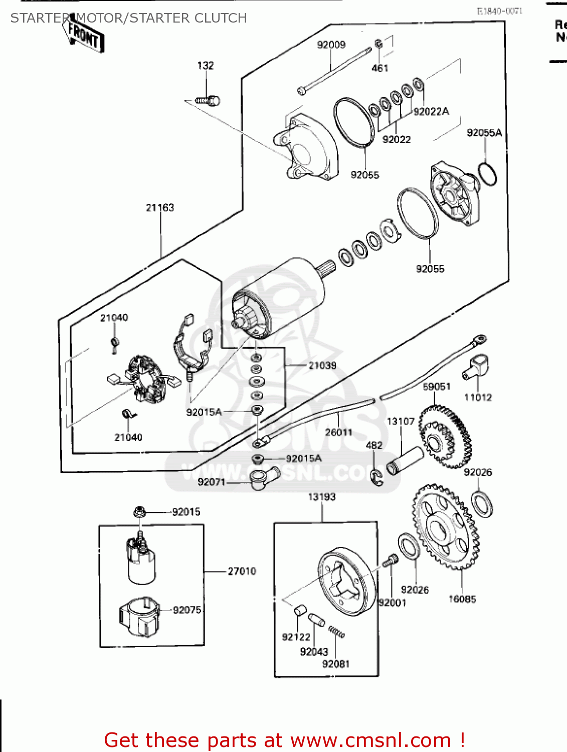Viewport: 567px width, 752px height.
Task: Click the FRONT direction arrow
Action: tap(84, 36)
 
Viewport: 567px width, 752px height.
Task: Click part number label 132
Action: tap(206, 66)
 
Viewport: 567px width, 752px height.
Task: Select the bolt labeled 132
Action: tap(209, 101)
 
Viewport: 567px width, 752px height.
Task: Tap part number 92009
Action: tap(331, 45)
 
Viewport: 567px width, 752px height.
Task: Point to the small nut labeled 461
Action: tap(379, 44)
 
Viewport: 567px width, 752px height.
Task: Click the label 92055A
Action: tap(484, 133)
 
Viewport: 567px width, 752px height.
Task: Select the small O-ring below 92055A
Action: tap(487, 173)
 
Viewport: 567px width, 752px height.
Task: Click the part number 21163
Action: tap(160, 208)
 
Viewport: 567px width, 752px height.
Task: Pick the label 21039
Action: tap(322, 365)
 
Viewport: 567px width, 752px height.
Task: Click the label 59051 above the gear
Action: tap(437, 387)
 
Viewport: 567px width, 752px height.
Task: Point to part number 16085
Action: tap(462, 599)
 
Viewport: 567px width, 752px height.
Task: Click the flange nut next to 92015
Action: tap(140, 512)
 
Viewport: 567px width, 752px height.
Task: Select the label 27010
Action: tap(242, 571)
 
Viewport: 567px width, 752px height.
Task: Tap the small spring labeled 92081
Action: tap(336, 632)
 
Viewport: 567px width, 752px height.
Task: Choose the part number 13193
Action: tap(321, 497)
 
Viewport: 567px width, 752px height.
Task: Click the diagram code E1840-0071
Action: tap(499, 11)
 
